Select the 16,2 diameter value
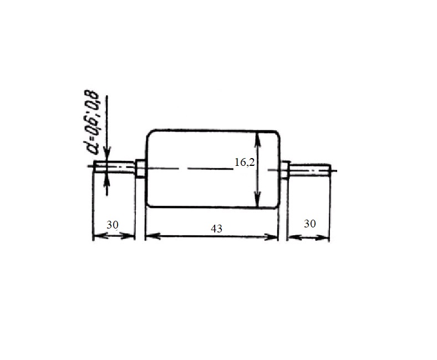click(x=244, y=163)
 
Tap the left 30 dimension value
click(x=113, y=225)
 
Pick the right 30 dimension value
click(x=310, y=224)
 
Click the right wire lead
click(x=311, y=169)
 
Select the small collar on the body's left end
click(x=140, y=169)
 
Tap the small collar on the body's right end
click(x=285, y=169)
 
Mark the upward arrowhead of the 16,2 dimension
click(x=257, y=136)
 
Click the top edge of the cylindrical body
click(x=211, y=130)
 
